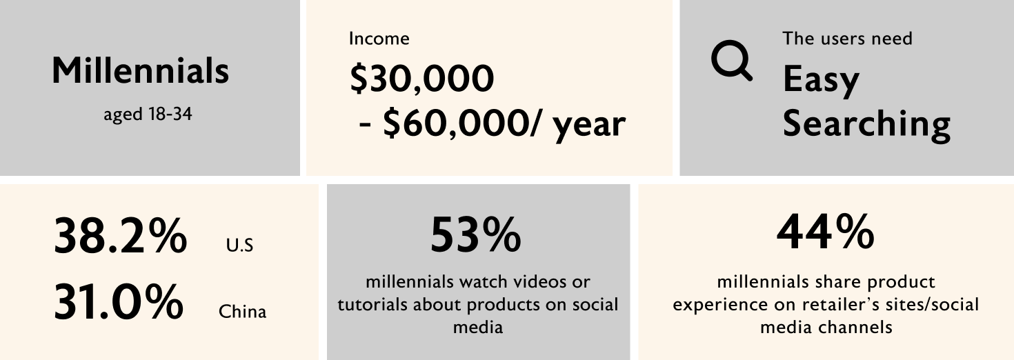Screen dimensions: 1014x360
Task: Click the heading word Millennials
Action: [x=140, y=70]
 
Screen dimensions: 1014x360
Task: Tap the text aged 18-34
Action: [x=148, y=114]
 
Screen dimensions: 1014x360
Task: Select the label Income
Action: [x=379, y=39]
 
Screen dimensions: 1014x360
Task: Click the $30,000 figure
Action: [x=422, y=79]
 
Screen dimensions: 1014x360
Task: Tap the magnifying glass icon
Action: [x=730, y=60]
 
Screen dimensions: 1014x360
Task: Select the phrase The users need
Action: [x=847, y=39]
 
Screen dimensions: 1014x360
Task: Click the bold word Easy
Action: [x=821, y=80]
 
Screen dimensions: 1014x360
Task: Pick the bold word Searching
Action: [x=866, y=125]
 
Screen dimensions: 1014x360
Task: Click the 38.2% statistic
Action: [x=120, y=235]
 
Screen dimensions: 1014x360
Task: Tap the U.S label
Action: [x=239, y=245]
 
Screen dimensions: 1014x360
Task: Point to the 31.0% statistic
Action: [x=119, y=301]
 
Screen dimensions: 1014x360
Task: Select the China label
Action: [x=243, y=312]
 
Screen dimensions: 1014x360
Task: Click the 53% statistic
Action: [x=476, y=234]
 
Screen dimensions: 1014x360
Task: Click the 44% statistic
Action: [x=826, y=232]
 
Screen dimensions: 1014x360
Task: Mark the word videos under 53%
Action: [x=538, y=281]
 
